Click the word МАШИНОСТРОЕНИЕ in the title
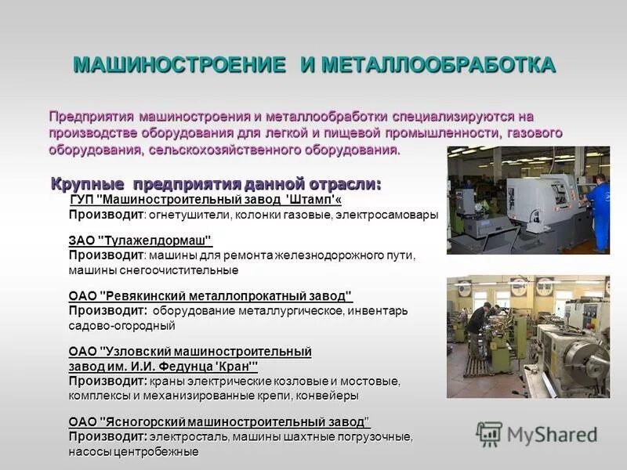click(x=179, y=65)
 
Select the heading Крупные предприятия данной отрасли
click(x=216, y=185)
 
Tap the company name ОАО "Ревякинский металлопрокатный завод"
click(x=211, y=296)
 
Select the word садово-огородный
click(x=121, y=325)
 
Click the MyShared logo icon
click(x=489, y=434)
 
